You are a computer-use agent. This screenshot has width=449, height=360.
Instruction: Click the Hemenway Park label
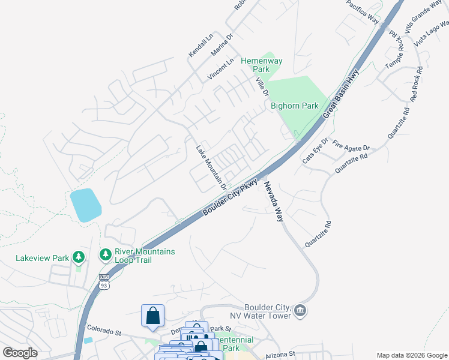coord(261,65)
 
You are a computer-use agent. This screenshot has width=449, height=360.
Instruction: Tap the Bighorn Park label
coord(294,106)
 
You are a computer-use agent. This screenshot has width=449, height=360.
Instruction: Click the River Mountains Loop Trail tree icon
coord(106,255)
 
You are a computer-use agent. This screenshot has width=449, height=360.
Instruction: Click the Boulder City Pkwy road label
coord(230,197)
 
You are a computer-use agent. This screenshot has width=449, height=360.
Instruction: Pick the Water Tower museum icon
coord(301,311)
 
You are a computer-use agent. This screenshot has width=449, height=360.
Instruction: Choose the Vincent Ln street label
coord(220,70)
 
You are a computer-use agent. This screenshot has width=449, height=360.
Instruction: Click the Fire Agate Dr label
coord(352,146)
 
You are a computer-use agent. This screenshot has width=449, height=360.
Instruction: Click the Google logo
coord(20,353)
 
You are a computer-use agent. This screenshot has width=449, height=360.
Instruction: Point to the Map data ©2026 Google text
coord(411,355)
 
